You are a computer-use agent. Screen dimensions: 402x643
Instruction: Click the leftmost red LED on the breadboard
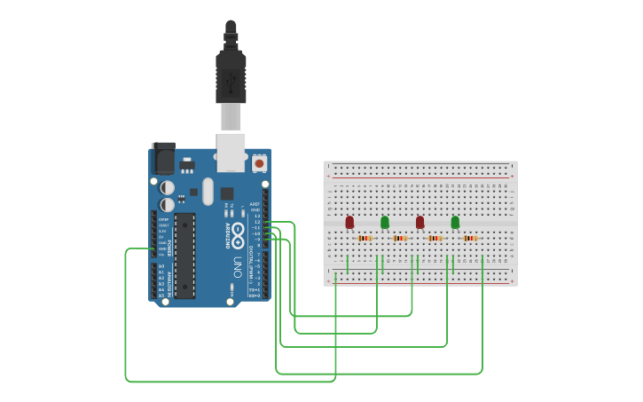point(349,221)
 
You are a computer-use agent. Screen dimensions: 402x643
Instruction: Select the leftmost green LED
point(385,221)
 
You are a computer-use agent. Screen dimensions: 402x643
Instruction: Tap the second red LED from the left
point(420,221)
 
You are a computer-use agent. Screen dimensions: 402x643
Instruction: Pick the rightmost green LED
point(455,221)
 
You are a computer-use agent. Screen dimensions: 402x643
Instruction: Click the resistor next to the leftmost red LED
point(365,238)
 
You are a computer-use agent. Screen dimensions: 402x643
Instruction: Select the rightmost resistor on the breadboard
point(470,238)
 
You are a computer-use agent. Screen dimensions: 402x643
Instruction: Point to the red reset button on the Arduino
point(259,163)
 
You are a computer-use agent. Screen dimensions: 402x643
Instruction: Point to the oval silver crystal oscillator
point(208,191)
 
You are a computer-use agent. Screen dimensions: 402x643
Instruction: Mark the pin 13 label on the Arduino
point(258,216)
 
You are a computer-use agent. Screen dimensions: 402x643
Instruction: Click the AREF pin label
point(256,204)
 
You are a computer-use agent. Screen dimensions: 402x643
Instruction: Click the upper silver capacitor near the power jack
point(167,187)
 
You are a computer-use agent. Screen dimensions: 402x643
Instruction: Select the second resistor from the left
point(400,238)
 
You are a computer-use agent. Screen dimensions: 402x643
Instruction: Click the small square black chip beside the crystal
point(227,193)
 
